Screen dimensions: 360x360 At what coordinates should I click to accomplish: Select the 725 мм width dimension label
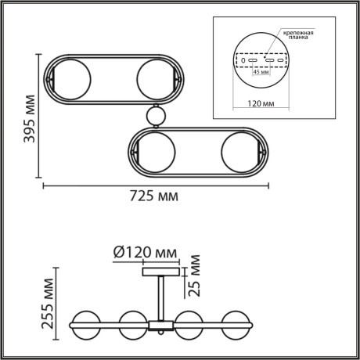click(154, 196)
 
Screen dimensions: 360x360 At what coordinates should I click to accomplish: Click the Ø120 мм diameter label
click(146, 252)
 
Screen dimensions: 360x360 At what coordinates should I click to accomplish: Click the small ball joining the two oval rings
click(156, 116)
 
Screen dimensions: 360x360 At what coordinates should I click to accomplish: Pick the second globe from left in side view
click(134, 322)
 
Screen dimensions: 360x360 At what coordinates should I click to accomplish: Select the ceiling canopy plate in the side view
click(160, 272)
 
